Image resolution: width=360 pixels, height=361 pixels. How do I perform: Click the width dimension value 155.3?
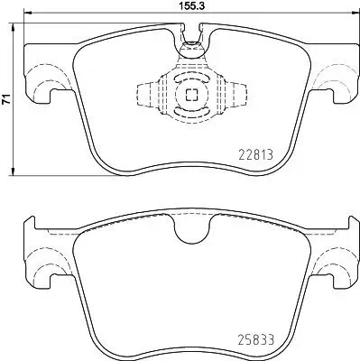(188, 7)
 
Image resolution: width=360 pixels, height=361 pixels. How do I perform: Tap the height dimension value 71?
(7, 100)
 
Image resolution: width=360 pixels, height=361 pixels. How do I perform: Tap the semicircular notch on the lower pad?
(189, 232)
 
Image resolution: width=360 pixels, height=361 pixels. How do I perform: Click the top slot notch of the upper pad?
(190, 36)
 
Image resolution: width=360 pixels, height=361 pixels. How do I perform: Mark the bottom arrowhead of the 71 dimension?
(13, 171)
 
